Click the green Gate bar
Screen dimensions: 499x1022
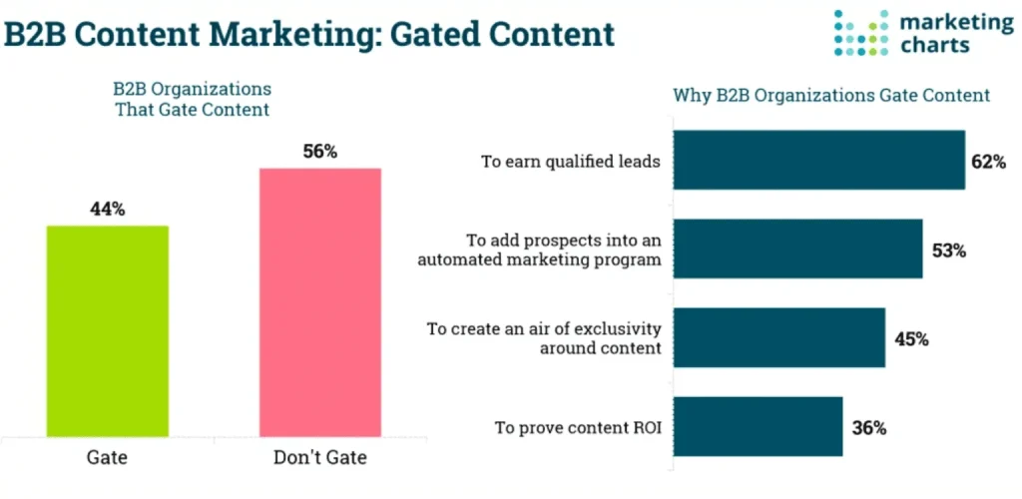[x=108, y=330]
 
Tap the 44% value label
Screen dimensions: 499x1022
[x=108, y=210]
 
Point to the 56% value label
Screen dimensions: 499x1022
[x=320, y=153]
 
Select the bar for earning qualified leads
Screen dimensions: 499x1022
[x=819, y=160]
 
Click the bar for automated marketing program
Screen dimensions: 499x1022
[x=798, y=249]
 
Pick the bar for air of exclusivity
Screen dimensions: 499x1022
[x=779, y=338]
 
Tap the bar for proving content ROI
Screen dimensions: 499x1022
[x=759, y=427]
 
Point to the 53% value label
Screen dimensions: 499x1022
[x=948, y=250]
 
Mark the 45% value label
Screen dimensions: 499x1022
[x=910, y=339]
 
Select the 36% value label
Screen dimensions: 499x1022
[x=868, y=428]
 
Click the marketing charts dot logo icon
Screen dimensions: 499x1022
[x=860, y=33]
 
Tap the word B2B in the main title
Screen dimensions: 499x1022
[x=36, y=34]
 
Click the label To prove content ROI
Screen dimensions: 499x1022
[x=578, y=428]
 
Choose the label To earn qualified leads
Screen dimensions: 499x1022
[x=571, y=161]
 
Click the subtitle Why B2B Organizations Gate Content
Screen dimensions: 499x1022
[x=831, y=96]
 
